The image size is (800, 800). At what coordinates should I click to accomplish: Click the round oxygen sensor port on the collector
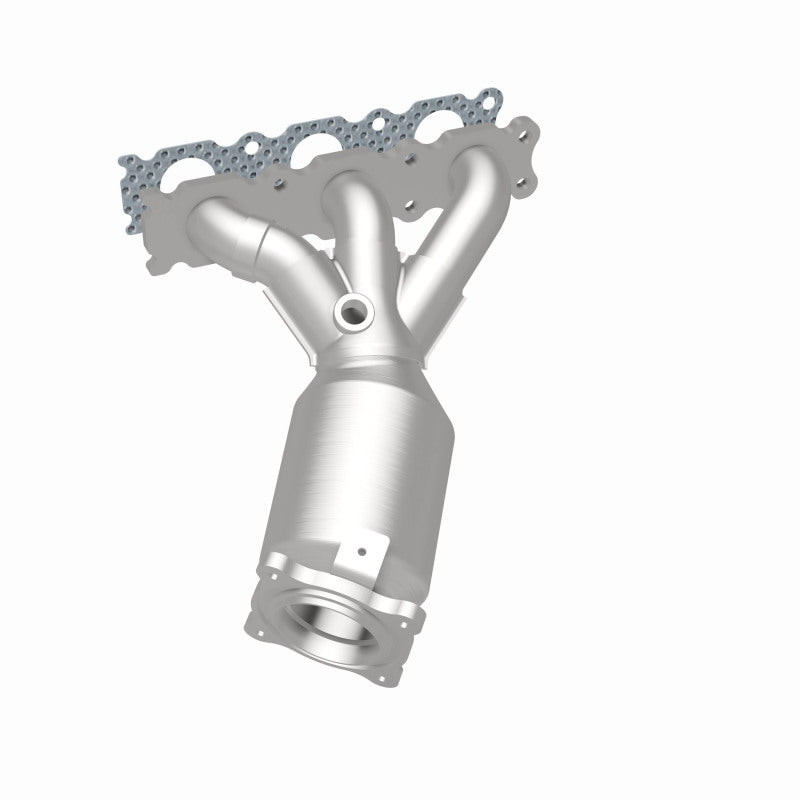(351, 311)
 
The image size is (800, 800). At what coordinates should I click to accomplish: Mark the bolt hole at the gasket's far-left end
(127, 163)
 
